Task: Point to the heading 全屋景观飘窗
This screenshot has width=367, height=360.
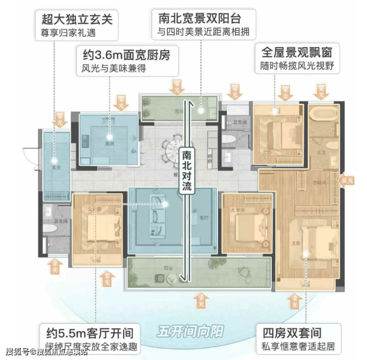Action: tap(297, 51)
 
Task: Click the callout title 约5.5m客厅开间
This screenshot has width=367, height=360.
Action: tap(89, 333)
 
